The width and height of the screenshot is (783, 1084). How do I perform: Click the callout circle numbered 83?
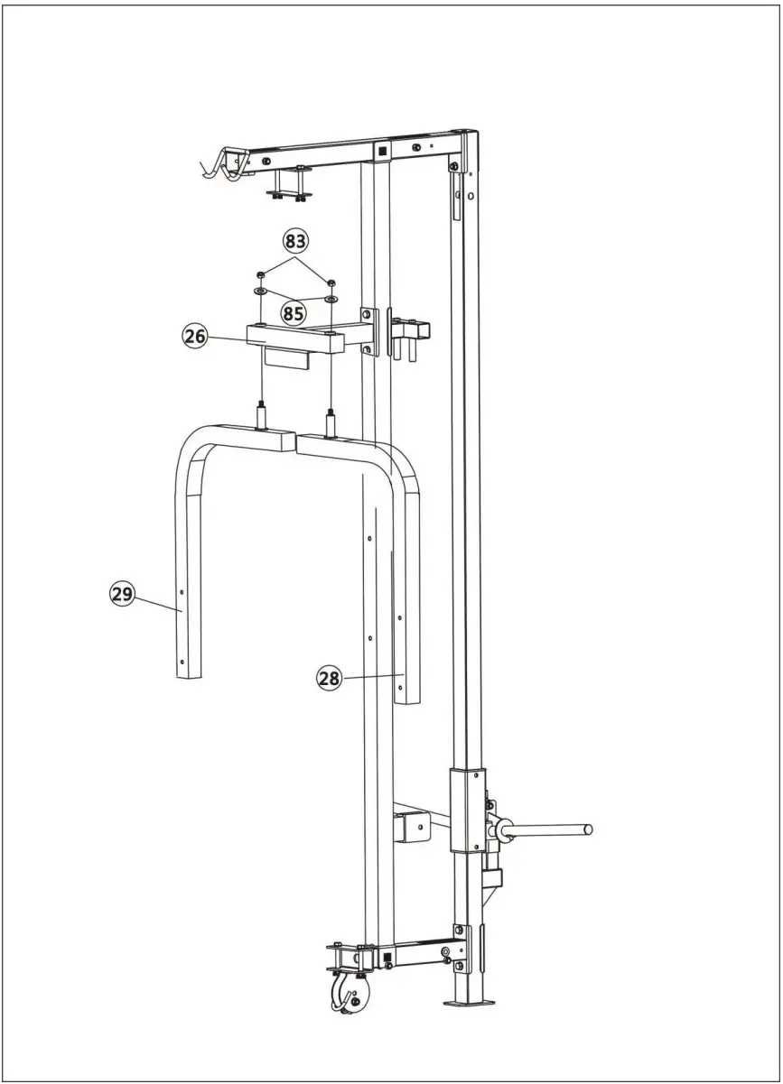295,241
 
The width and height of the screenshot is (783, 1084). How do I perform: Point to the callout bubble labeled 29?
122,594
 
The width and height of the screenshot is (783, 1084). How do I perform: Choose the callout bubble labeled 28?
329,678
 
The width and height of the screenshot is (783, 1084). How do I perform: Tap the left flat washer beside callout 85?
260,292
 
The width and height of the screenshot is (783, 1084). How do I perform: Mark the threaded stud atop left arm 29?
262,418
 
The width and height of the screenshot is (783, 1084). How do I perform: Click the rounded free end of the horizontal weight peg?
588,828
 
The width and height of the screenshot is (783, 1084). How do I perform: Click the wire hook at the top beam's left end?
219,167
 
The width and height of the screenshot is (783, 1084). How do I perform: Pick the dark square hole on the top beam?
383,151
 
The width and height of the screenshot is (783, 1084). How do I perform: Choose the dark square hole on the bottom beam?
387,956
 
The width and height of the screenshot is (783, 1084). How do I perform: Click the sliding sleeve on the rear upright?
468,809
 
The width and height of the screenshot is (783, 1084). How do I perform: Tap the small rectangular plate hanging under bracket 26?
286,360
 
